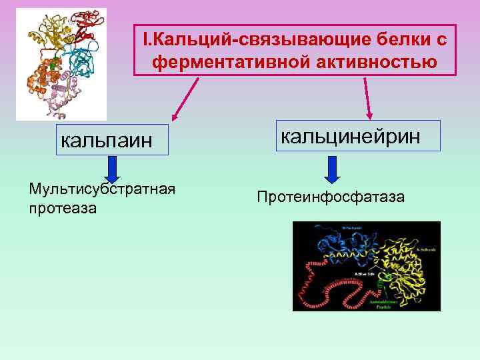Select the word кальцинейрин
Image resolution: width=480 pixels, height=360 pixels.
(351, 136)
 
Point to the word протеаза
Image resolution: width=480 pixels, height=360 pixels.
(63, 208)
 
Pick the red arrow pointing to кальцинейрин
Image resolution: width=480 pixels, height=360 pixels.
(367, 97)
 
